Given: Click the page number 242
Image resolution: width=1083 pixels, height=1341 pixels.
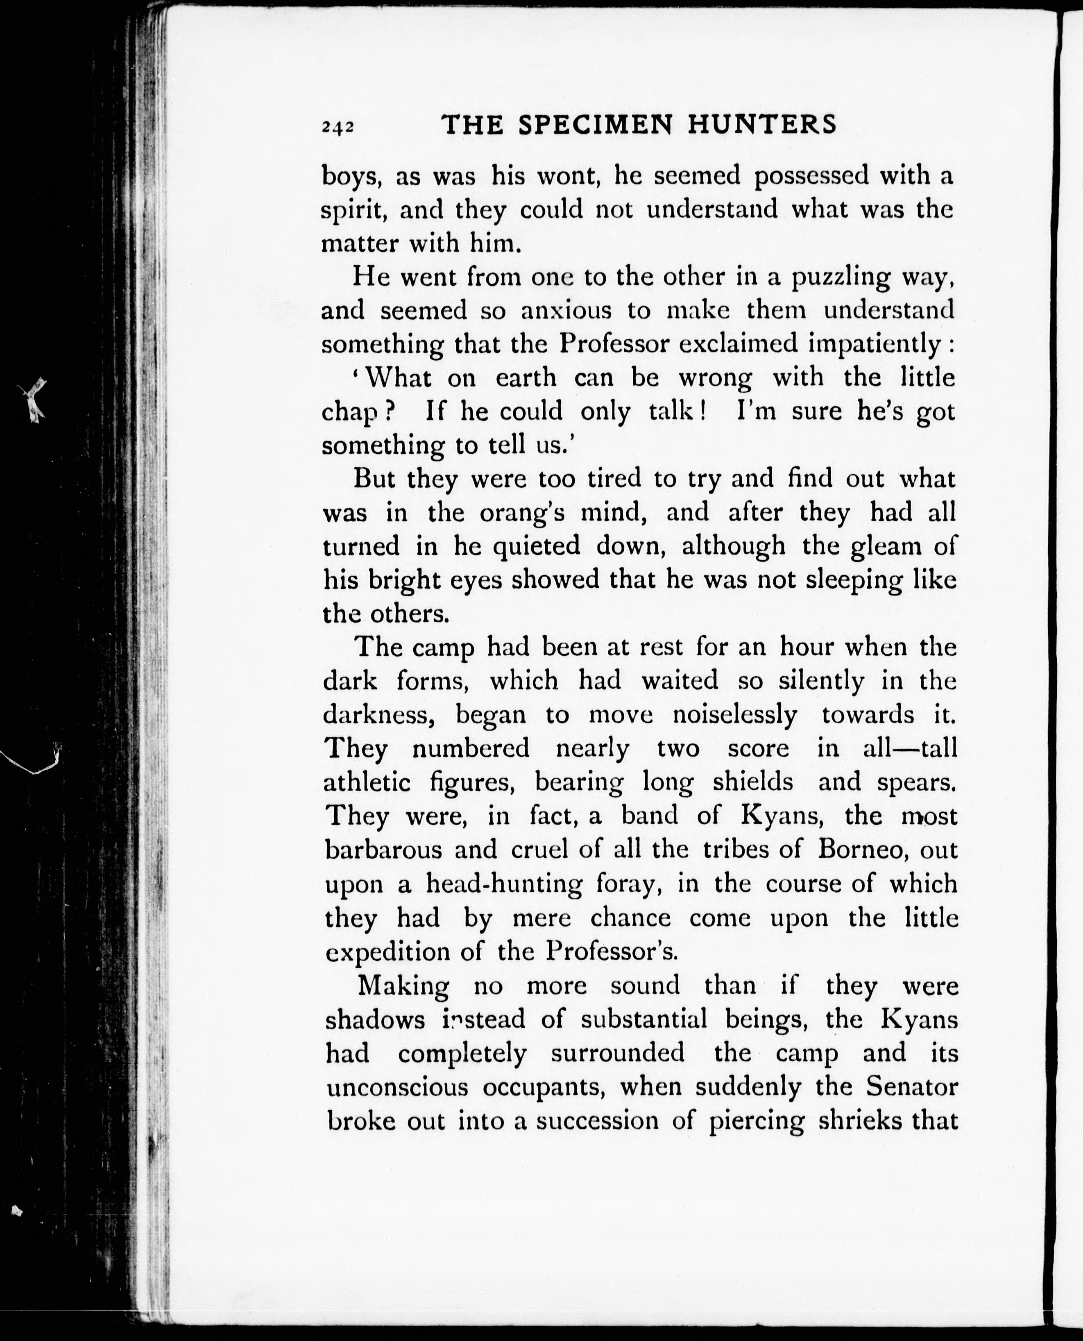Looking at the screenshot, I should [338, 127].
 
